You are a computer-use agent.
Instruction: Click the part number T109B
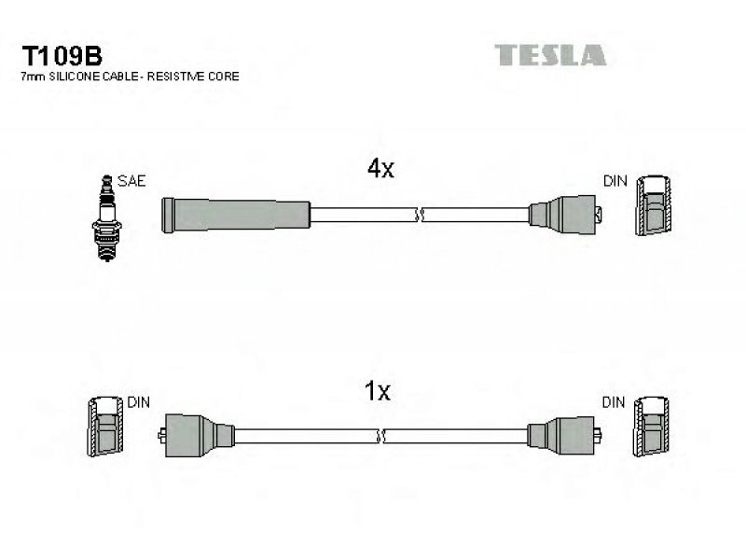pos(62,56)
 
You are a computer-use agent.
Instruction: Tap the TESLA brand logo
pos(550,55)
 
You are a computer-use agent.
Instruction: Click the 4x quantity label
pos(380,168)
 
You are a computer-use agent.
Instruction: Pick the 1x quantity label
pos(377,391)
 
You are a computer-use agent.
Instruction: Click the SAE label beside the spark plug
pos(131,181)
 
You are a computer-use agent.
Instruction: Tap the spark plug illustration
pos(107,218)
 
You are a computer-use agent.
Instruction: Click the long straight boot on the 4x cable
pos(236,216)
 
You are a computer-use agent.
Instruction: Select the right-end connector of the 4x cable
pos(565,215)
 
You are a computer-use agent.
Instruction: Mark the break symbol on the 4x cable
pos(419,216)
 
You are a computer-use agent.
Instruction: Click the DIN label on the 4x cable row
pos(615,181)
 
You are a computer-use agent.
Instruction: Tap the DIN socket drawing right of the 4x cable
pos(655,205)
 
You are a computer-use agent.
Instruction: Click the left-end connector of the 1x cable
pos(196,435)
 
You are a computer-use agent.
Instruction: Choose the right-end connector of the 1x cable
pos(564,435)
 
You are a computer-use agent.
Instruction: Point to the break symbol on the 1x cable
pos(380,436)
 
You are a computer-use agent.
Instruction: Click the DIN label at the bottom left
pos(138,402)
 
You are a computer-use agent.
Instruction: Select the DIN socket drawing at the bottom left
pos(105,427)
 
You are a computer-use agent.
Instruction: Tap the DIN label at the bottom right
pos(614,402)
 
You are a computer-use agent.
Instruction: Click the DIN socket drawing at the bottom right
pos(651,427)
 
